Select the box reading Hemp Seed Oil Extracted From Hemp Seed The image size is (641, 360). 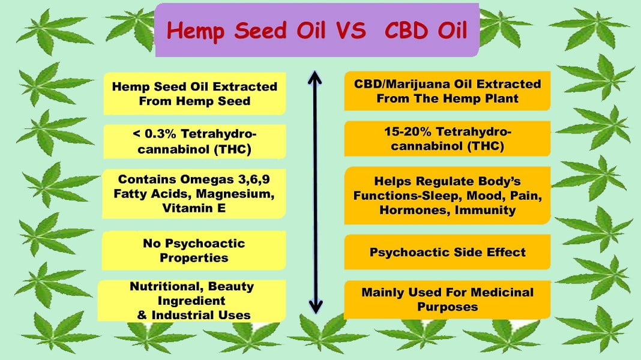click(x=194, y=94)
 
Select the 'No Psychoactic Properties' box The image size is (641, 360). click(x=194, y=251)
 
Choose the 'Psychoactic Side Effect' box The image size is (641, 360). click(x=447, y=251)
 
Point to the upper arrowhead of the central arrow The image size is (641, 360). click(x=314, y=76)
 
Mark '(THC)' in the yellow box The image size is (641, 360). click(x=232, y=148)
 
